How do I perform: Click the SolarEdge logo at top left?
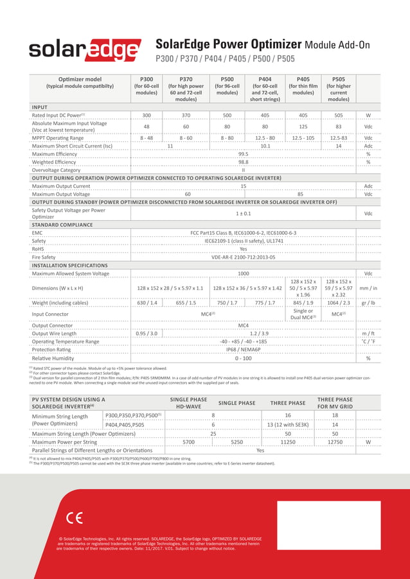(85, 50)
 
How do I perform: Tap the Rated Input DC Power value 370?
(186, 116)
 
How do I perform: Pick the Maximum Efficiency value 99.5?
(244, 154)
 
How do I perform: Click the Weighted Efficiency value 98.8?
(244, 162)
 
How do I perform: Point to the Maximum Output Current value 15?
(244, 186)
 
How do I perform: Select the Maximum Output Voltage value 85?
(300, 194)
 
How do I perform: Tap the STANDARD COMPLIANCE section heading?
(64, 225)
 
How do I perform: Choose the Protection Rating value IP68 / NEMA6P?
(244, 350)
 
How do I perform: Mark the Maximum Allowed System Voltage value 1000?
(244, 274)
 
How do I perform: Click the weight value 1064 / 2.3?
(338, 302)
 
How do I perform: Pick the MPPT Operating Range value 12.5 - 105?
(303, 138)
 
